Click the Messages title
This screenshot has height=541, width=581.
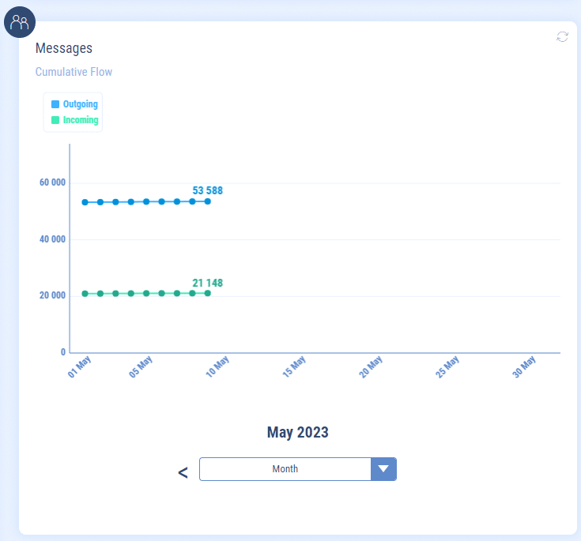(x=64, y=48)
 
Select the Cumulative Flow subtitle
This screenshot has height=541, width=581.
(x=74, y=72)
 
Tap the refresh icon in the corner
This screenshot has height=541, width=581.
(x=562, y=36)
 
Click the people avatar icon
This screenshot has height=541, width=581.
(x=20, y=21)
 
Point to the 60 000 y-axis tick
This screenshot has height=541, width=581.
(x=52, y=182)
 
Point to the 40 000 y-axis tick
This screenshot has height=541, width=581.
(x=52, y=239)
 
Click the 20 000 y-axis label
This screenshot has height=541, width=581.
(x=52, y=296)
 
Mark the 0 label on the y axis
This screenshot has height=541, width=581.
(x=63, y=352)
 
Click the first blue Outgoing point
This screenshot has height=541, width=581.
(x=85, y=202)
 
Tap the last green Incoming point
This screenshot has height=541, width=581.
(x=208, y=293)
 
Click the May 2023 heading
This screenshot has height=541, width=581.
(x=297, y=432)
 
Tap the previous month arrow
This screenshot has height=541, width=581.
(x=183, y=473)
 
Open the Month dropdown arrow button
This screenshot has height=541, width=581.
(x=383, y=469)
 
